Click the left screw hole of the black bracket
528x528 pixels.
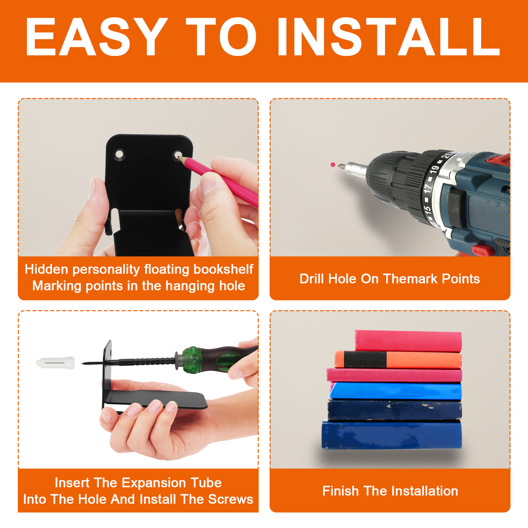tap(119, 154)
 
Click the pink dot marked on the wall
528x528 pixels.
tap(333, 165)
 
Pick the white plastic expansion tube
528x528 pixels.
tap(55, 363)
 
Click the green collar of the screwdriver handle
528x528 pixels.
tap(192, 360)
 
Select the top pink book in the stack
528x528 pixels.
tap(408, 341)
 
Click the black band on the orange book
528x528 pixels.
tap(365, 360)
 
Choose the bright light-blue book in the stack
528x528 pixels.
tap(396, 391)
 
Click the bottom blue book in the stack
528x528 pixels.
tap(392, 435)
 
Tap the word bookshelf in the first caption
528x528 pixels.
tap(223, 269)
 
